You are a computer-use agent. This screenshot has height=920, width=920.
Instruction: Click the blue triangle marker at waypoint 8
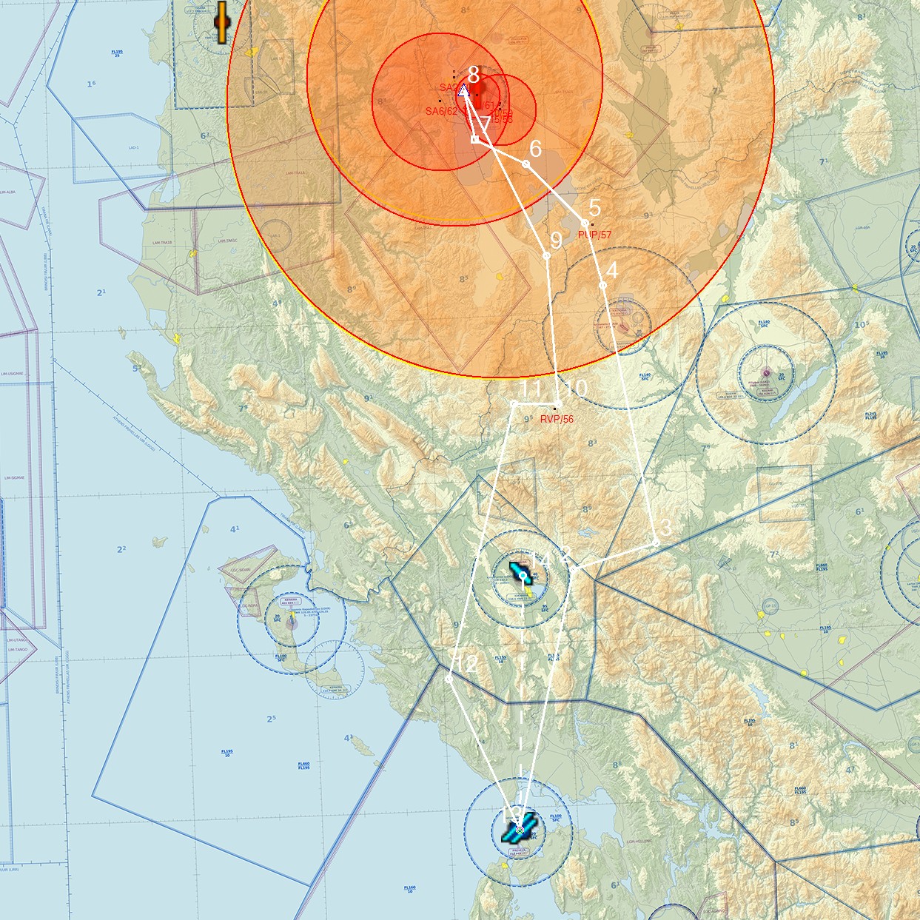tap(463, 90)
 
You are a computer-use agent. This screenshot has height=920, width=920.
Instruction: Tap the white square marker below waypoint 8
tap(475, 138)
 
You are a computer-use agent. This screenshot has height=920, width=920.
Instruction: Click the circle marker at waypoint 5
tap(585, 223)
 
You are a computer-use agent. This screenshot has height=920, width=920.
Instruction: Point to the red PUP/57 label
tap(594, 235)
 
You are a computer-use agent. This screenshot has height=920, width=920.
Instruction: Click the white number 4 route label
tap(611, 270)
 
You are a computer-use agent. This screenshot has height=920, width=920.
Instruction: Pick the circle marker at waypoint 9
tap(546, 255)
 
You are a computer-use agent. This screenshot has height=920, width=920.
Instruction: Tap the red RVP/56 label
tap(557, 419)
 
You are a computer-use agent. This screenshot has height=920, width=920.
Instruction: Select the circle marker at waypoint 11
tap(514, 403)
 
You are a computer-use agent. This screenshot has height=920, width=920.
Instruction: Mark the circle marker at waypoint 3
tap(656, 543)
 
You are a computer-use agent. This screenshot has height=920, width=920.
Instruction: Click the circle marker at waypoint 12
tap(449, 678)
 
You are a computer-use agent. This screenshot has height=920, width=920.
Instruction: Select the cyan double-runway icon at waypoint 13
tap(519, 829)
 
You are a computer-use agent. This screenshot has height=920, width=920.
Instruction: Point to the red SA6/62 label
tap(441, 111)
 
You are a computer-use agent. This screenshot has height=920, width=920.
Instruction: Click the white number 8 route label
tap(474, 75)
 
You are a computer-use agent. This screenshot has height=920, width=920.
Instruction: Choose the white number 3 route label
tap(665, 528)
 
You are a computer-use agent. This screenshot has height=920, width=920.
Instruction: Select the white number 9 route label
tap(556, 241)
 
